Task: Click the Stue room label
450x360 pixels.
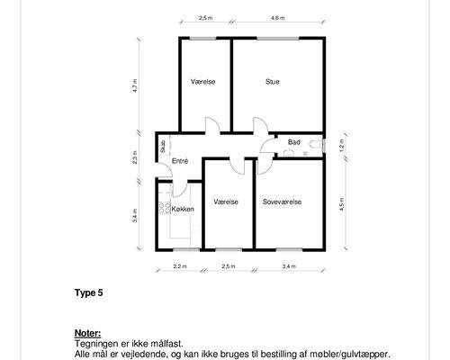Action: pyautogui.click(x=273, y=82)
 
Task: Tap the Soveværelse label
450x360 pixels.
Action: pyautogui.click(x=282, y=202)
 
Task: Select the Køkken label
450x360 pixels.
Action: pyautogui.click(x=183, y=209)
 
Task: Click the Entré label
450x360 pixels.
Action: pyautogui.click(x=180, y=161)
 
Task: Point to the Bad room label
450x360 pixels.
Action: pyautogui.click(x=294, y=142)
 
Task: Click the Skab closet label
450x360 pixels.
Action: pyautogui.click(x=163, y=147)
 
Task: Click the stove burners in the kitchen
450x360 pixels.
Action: pyautogui.click(x=165, y=208)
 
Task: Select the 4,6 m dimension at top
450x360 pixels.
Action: pyautogui.click(x=278, y=18)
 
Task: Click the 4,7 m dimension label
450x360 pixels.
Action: pyautogui.click(x=135, y=85)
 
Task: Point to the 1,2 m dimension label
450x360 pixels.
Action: pyautogui.click(x=342, y=146)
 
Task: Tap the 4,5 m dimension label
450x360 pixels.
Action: pyautogui.click(x=342, y=204)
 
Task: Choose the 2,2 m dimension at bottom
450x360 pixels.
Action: pyautogui.click(x=180, y=266)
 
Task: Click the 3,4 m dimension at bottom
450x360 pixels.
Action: pyautogui.click(x=289, y=266)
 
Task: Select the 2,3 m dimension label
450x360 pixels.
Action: pyautogui.click(x=135, y=157)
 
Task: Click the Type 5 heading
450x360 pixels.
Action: pyautogui.click(x=89, y=292)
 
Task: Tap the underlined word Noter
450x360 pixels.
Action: pyautogui.click(x=87, y=333)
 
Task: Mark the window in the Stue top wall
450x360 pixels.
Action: pyautogui.click(x=278, y=39)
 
